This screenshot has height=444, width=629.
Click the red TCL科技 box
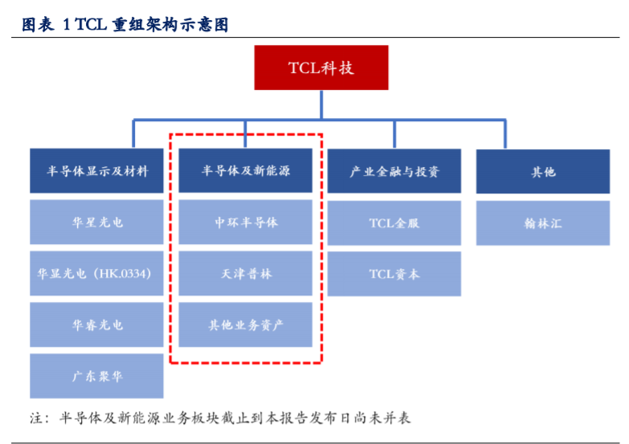321,67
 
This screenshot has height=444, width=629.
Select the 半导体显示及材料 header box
97,171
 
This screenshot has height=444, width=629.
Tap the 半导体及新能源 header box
245,171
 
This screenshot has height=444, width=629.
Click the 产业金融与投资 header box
394,171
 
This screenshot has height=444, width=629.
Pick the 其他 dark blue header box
542,171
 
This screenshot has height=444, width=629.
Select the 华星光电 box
97,222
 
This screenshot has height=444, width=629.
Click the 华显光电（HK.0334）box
97,274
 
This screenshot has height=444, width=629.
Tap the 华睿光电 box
97,325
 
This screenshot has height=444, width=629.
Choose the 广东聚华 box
97,376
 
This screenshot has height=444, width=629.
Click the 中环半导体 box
245,222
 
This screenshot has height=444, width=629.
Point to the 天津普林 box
245,274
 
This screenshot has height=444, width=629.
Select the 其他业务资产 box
245,325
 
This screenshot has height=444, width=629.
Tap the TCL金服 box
394,222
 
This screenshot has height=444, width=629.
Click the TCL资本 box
394,274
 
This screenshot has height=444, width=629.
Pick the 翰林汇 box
542,222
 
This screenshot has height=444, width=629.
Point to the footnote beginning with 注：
220,418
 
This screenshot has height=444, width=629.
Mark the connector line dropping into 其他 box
506,134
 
